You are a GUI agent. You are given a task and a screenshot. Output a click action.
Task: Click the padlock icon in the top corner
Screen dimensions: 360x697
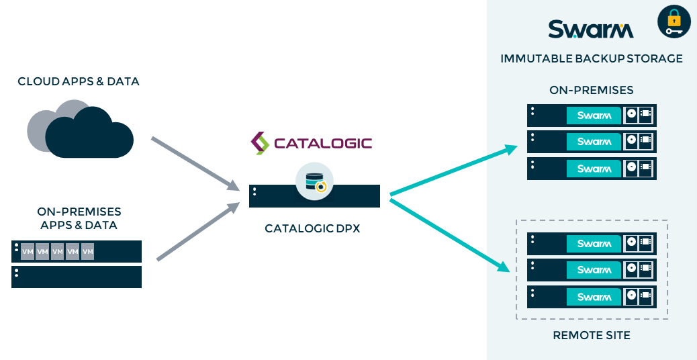click(673, 21)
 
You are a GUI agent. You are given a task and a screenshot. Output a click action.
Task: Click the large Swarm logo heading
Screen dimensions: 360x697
click(591, 30)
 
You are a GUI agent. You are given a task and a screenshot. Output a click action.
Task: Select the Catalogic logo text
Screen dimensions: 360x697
click(312, 143)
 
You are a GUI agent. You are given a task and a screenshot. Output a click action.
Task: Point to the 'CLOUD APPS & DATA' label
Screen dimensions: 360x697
click(79, 82)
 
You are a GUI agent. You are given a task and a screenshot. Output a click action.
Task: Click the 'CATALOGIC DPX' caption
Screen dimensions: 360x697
click(312, 228)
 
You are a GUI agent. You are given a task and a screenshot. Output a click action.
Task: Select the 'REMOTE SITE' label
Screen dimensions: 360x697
click(592, 335)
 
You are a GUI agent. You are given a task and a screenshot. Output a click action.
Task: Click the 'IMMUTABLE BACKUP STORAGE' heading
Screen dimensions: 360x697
click(592, 59)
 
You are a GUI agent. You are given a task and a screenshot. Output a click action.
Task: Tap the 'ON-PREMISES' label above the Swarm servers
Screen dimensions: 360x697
click(592, 90)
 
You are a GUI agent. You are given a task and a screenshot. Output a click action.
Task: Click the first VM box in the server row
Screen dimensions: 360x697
click(28, 252)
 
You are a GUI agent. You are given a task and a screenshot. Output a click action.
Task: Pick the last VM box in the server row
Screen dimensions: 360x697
click(87, 252)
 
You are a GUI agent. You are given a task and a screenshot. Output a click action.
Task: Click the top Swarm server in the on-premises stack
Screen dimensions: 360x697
click(592, 116)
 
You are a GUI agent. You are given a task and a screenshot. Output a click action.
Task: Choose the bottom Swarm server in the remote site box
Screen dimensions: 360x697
click(592, 296)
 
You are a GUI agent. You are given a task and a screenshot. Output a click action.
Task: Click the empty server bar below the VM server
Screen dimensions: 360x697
click(77, 277)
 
